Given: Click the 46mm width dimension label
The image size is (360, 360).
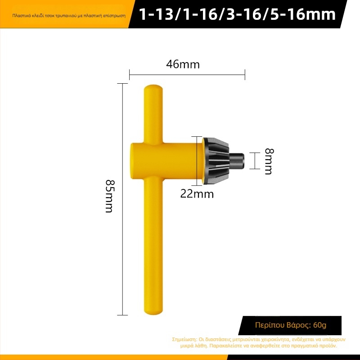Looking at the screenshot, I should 183,64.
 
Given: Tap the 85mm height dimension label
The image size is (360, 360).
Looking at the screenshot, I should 109,197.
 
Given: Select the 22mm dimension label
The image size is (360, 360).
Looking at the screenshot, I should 197,194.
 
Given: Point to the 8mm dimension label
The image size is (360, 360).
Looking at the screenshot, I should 268,161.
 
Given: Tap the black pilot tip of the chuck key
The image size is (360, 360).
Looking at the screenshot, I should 238,161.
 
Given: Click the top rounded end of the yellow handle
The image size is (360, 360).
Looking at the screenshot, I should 154,89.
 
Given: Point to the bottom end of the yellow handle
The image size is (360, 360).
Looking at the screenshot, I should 154,310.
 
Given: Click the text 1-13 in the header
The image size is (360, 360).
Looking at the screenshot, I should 155,14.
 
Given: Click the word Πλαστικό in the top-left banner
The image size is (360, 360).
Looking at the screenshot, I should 21,15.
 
